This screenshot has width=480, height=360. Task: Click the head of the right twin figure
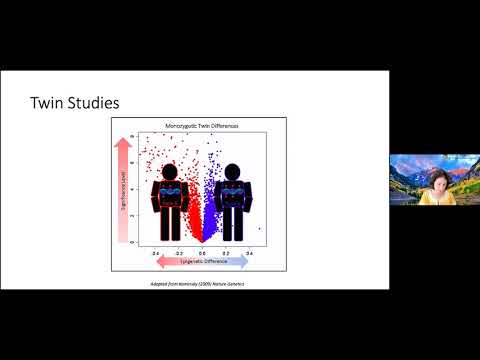[233, 172]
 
